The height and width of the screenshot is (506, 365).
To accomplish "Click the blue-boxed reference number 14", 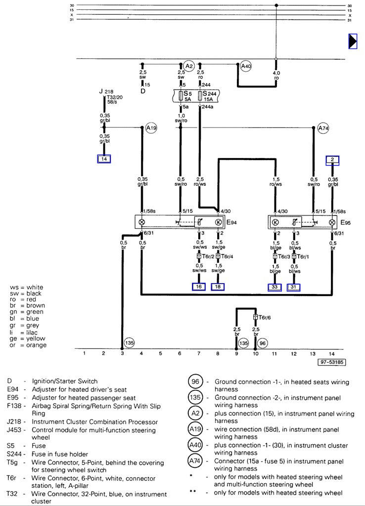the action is point(104,159).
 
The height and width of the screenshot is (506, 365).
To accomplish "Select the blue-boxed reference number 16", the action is point(199,287).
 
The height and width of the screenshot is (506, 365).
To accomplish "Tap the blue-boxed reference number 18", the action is point(218,287).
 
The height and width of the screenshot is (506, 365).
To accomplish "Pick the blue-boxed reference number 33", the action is point(274,287).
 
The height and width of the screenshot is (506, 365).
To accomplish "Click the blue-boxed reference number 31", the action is point(293,287).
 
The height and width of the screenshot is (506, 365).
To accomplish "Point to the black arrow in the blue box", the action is point(353,42).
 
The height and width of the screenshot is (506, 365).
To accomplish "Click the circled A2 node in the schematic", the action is point(188,66).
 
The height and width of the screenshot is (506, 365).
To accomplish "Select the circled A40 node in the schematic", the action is point(246,67).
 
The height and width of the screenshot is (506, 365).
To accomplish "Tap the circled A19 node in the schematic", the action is point(151,128).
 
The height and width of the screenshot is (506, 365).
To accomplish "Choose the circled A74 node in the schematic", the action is point(323,128).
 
